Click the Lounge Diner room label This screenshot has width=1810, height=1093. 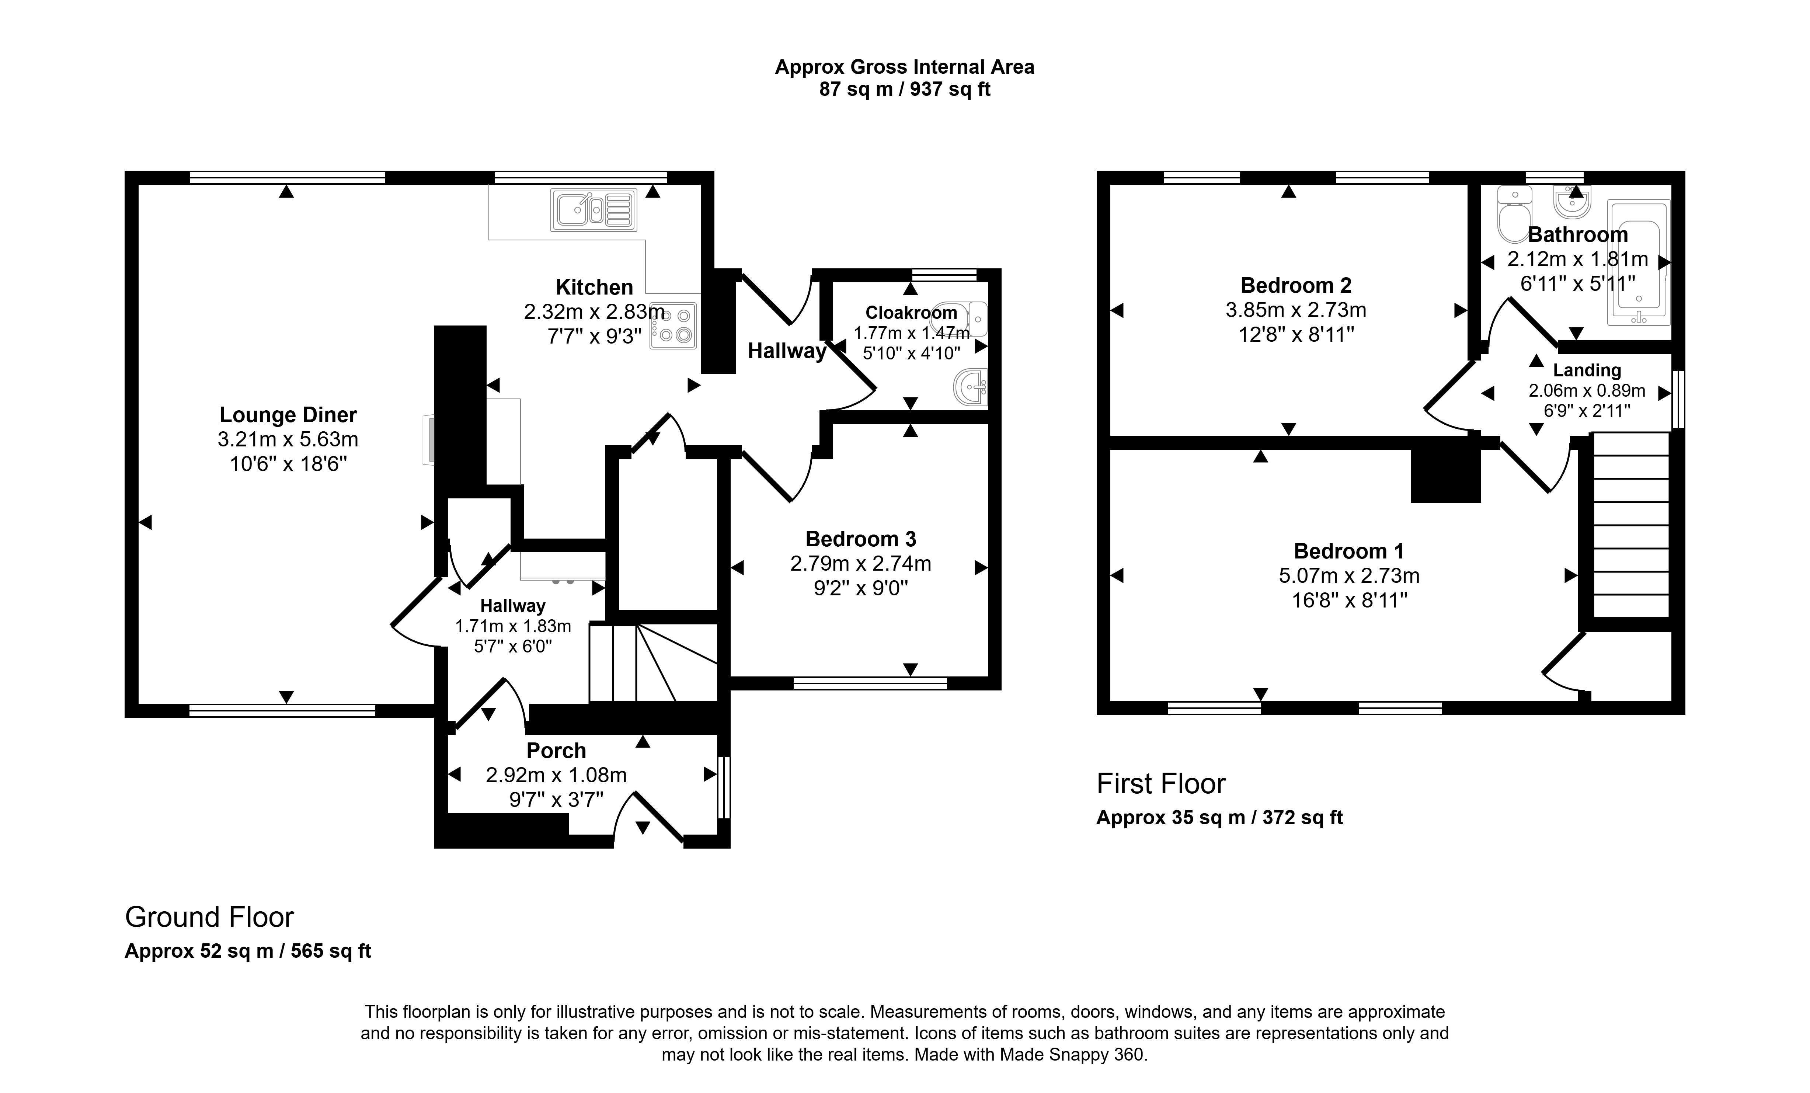tap(288, 415)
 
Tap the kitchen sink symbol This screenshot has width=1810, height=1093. tap(594, 210)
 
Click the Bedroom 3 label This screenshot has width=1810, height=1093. tap(861, 539)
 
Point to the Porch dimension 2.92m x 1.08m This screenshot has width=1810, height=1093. tap(556, 775)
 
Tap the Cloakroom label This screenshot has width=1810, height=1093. tap(911, 313)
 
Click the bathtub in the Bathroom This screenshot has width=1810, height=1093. tap(1639, 262)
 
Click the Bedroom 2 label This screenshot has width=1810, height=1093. tap(1296, 285)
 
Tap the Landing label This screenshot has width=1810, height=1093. tap(1587, 370)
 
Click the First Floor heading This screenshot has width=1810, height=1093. tap(1160, 784)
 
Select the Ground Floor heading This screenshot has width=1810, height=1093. tap(209, 918)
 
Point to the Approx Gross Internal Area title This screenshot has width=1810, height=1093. tap(905, 67)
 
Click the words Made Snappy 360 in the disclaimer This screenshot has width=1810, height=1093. tap(1071, 1055)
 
